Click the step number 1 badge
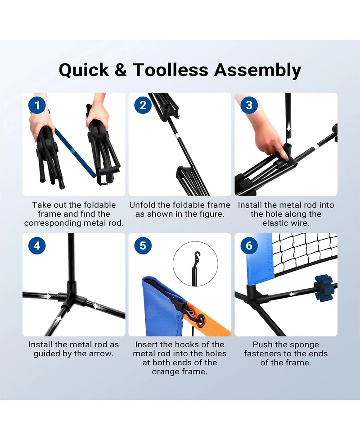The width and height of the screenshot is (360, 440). coord(37,105)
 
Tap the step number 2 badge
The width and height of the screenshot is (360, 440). coord(143,105)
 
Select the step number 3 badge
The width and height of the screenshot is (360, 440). coord(249,105)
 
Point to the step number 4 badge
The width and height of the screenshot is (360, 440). coord(37,245)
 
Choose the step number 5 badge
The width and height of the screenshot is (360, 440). coord(143,245)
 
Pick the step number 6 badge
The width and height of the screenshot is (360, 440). coord(249,245)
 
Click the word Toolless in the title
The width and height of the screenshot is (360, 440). coord(170,70)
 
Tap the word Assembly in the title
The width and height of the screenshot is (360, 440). coord(257,70)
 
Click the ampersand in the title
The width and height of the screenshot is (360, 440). coord(121,70)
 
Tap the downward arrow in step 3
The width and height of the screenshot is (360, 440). coord(288,128)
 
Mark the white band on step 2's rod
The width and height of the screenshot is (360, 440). coord(177,135)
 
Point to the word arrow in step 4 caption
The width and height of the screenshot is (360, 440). coord(101,354)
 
